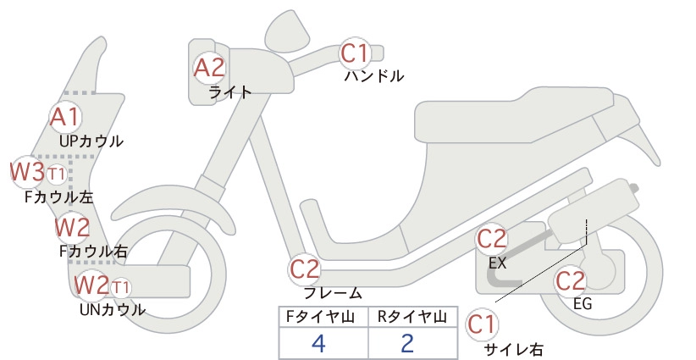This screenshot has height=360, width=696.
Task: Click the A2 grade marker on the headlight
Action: [x=210, y=69]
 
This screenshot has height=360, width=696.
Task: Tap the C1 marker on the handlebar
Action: [x=355, y=53]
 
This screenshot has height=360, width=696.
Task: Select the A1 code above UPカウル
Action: [x=66, y=117]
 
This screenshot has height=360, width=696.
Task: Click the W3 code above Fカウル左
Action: [x=28, y=172]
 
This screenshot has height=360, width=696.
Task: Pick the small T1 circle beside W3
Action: [x=57, y=174]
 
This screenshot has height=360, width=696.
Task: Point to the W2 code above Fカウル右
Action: [x=72, y=228]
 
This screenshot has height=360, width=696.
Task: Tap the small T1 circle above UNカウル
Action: [x=120, y=288]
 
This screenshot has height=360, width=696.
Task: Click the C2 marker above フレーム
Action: [x=305, y=269]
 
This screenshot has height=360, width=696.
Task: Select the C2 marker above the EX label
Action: [x=492, y=239]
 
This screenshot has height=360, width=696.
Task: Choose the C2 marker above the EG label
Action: [x=571, y=280]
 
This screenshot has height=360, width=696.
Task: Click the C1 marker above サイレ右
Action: [x=482, y=324]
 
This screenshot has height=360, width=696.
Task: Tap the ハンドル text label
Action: [x=374, y=76]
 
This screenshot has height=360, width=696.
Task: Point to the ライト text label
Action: [x=230, y=92]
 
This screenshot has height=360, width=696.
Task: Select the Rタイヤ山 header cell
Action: [x=413, y=317]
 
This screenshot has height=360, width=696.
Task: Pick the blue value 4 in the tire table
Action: [x=318, y=343]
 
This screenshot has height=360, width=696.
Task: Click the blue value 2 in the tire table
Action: [x=407, y=343]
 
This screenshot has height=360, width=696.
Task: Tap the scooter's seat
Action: [x=515, y=115]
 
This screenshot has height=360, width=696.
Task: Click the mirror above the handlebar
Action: [x=287, y=30]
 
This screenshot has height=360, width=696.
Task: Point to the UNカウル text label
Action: [x=113, y=309]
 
